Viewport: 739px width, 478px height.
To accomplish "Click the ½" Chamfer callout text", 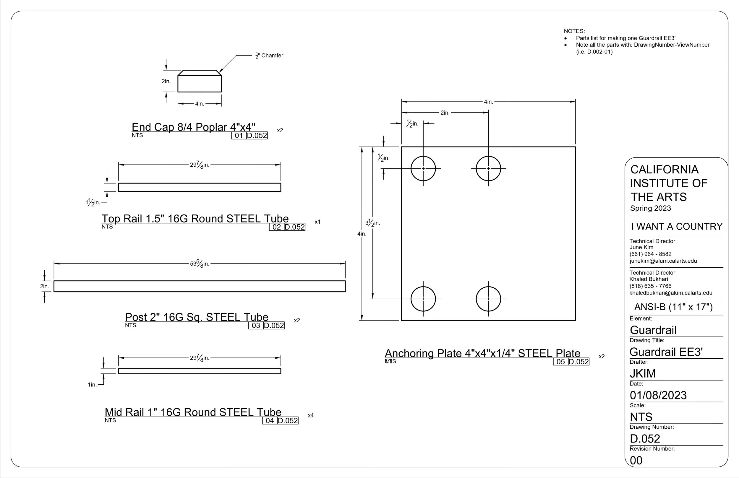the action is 269,56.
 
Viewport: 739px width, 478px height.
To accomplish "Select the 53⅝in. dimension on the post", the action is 200,264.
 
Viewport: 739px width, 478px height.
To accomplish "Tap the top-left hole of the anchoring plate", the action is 423,169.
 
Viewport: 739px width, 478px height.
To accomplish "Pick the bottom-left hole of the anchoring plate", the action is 423,299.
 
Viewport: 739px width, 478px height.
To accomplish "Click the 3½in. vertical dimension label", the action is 373,223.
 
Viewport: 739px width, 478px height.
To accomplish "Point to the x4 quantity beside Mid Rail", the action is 310,415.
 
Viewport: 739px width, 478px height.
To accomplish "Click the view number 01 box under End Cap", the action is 239,135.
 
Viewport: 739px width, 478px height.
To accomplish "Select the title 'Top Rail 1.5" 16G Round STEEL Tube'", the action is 195,219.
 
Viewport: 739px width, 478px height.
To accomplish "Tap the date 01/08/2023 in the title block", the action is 658,395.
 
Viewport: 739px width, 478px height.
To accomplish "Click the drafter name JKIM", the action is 643,373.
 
